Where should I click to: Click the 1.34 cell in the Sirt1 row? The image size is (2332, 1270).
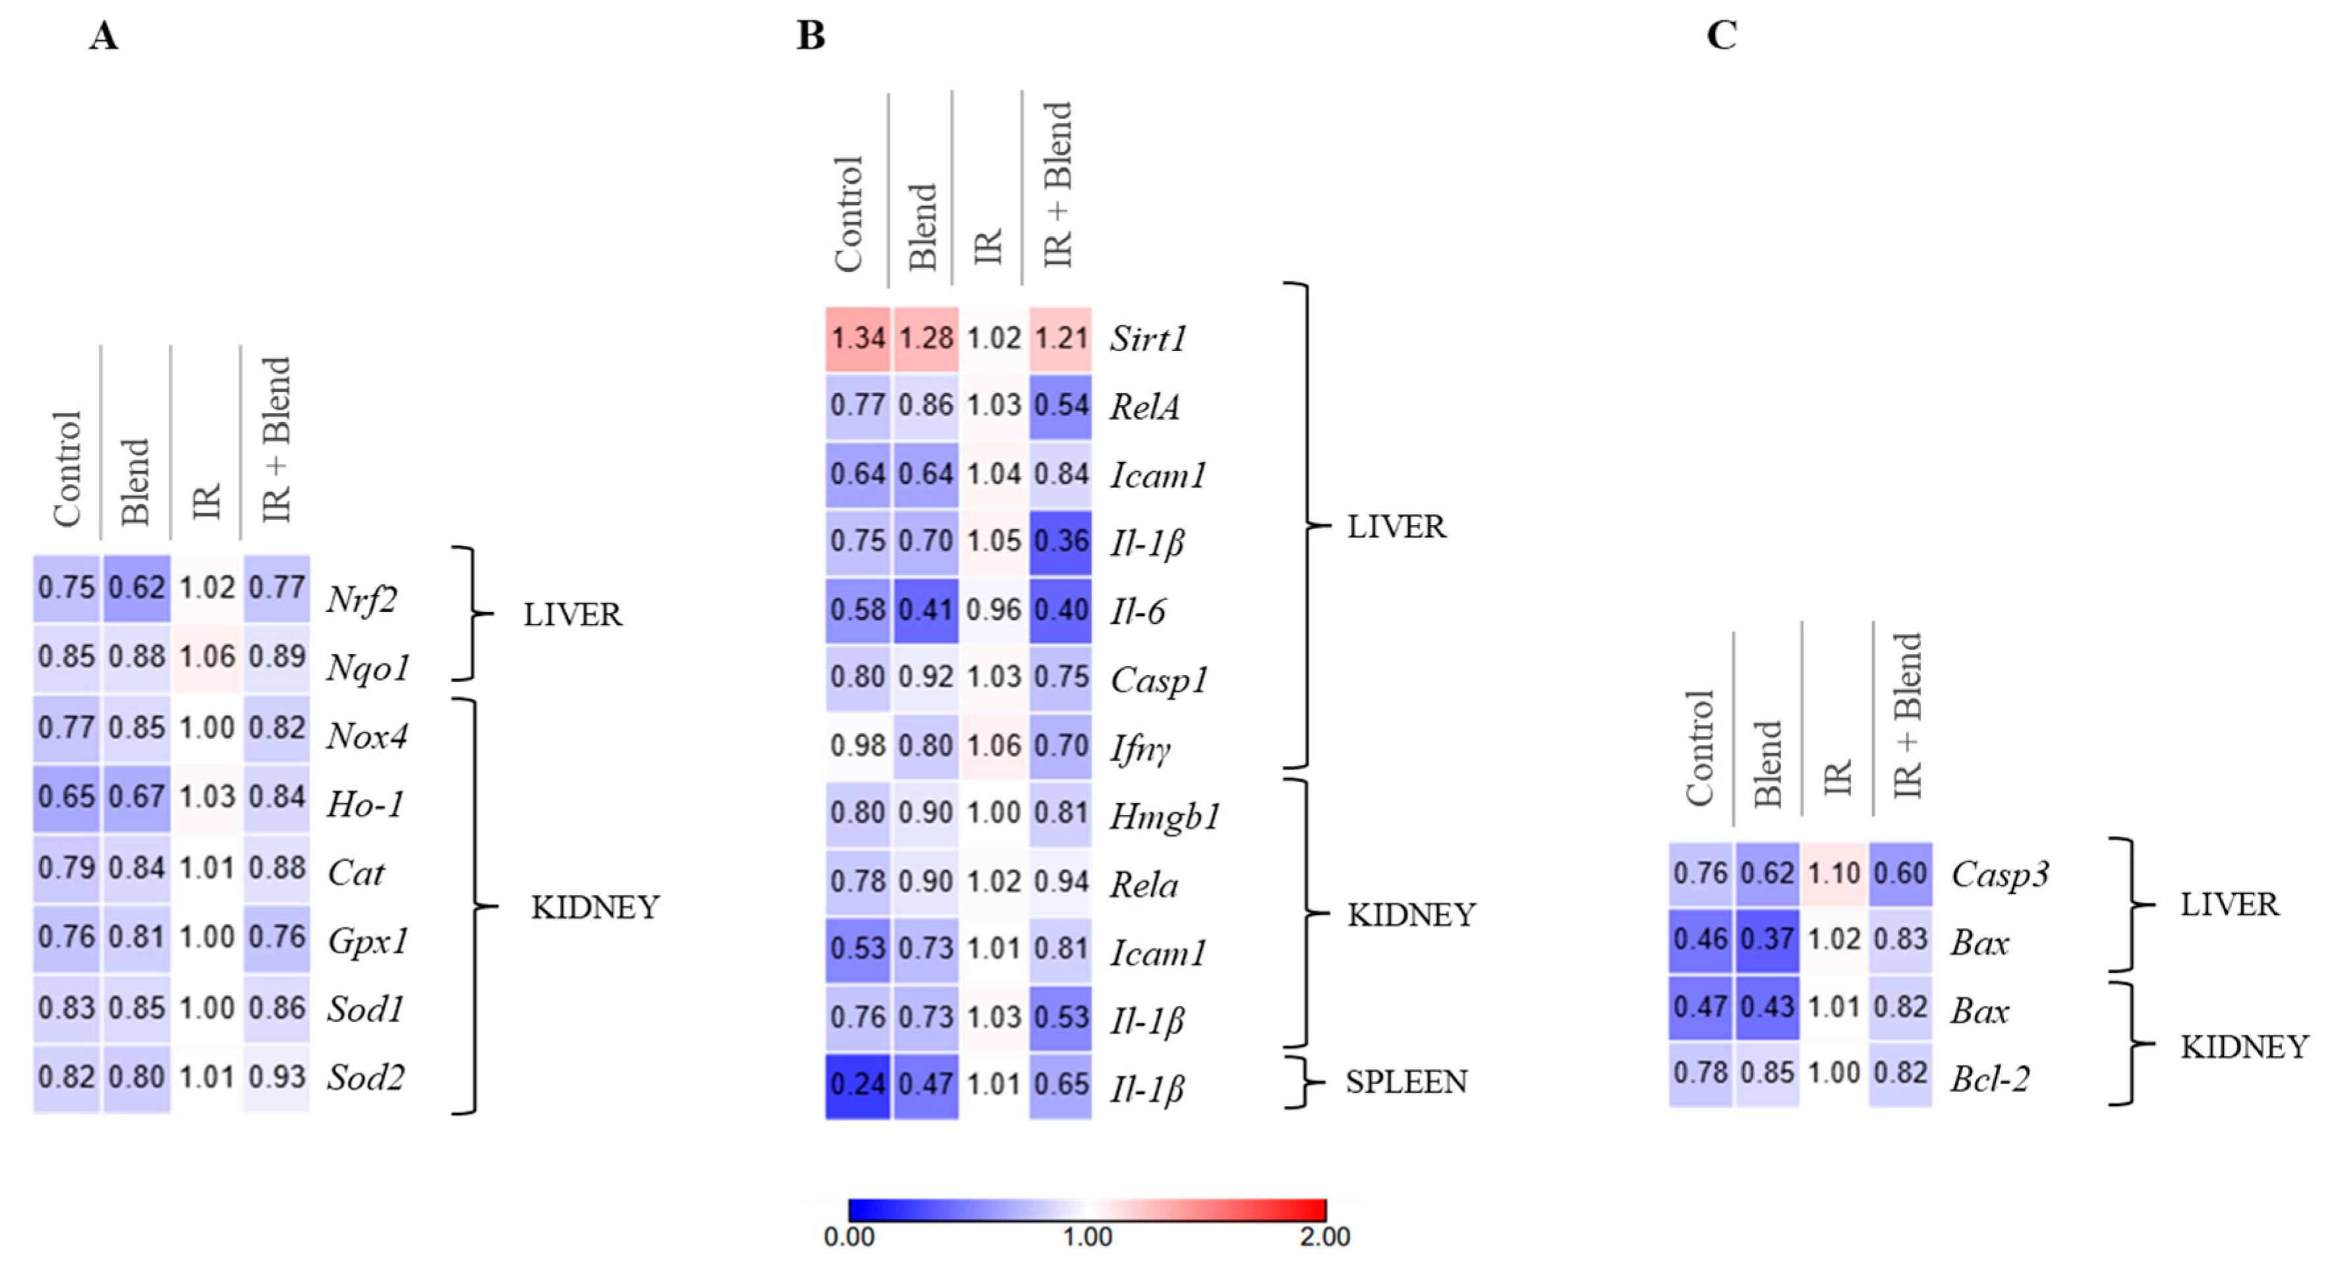tap(857, 339)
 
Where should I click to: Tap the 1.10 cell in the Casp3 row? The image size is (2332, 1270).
tap(1834, 873)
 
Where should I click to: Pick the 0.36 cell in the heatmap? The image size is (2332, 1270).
tap(1061, 541)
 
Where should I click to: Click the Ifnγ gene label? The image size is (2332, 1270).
tap(1141, 748)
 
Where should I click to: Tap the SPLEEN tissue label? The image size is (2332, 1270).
tap(1406, 1083)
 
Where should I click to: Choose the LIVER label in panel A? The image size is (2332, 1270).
tap(572, 615)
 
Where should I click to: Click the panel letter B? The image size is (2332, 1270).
tap(811, 36)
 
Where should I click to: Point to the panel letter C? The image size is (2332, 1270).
tap(1721, 36)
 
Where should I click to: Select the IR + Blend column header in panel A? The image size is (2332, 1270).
tap(275, 439)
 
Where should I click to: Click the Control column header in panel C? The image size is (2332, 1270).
tap(1700, 747)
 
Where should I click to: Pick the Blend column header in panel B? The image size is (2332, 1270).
tap(923, 227)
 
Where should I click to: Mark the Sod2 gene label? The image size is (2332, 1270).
tap(366, 1077)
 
